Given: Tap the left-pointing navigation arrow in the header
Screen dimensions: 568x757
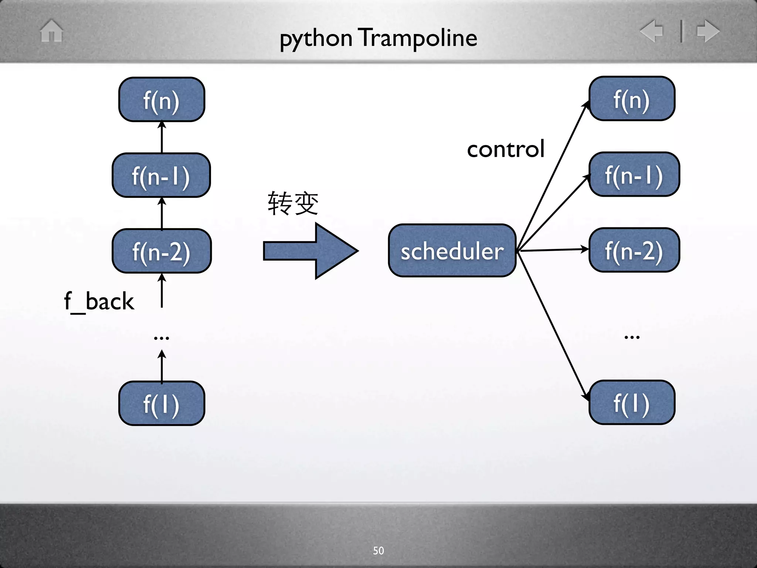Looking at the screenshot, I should tap(652, 31).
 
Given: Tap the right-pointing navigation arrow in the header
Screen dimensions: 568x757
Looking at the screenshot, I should tap(708, 31).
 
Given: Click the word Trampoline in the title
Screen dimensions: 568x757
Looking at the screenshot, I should tap(419, 38).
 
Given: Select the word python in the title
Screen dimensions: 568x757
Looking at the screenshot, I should tap(316, 39).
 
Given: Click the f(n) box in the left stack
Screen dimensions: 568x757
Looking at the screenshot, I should tap(162, 99).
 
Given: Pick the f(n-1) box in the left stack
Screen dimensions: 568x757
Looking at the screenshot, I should tap(161, 175).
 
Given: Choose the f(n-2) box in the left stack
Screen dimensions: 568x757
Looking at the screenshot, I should tap(162, 251).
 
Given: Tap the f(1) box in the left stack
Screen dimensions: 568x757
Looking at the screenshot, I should tap(162, 403).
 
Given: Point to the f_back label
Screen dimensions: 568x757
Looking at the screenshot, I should tap(99, 301).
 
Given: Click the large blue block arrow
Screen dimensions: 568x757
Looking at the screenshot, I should tap(310, 251).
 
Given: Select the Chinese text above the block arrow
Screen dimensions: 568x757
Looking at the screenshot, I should tap(293, 203).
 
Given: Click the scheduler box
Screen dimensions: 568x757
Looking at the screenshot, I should tap(452, 251).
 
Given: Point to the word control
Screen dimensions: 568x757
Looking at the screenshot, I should tap(506, 149).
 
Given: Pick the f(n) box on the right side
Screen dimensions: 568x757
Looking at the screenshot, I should tap(632, 99).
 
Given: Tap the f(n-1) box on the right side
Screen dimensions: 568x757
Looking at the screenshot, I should tap(634, 175).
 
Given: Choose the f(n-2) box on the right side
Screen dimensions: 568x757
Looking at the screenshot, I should tap(634, 250).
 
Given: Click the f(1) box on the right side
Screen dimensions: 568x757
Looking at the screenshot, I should tap(632, 403).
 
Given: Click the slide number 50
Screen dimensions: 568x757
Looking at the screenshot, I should tap(378, 551).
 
